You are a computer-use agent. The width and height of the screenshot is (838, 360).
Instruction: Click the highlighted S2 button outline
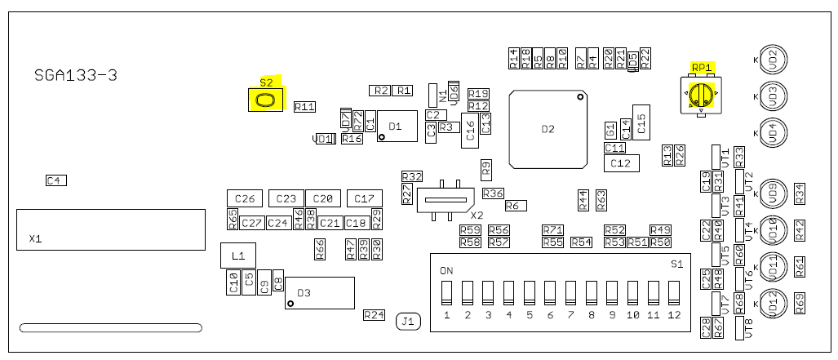[x=265, y=100]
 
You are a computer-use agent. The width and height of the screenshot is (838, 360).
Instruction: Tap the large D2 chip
[x=548, y=129]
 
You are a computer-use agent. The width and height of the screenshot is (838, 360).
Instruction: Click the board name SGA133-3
[x=76, y=75]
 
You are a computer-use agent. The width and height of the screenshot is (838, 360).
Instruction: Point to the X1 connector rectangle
[x=110, y=229]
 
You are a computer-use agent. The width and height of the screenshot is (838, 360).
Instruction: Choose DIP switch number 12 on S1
[x=674, y=292]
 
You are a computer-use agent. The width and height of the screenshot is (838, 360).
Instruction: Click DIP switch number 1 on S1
[x=446, y=292]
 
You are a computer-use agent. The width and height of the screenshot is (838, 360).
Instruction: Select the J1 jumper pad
[x=408, y=322]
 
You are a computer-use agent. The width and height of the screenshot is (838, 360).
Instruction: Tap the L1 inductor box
[x=237, y=256]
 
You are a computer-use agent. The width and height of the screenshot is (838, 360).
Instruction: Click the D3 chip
[x=319, y=293]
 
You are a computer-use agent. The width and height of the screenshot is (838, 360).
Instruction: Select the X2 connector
[x=446, y=198]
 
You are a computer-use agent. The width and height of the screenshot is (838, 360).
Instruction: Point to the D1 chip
[x=396, y=126]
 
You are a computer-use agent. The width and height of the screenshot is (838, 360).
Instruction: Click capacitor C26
[x=245, y=198]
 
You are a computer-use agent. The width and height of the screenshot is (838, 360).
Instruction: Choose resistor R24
[x=374, y=315]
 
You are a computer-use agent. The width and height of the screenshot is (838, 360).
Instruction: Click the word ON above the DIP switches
[x=446, y=270]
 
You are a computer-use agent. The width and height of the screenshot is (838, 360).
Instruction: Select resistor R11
[x=304, y=106]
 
